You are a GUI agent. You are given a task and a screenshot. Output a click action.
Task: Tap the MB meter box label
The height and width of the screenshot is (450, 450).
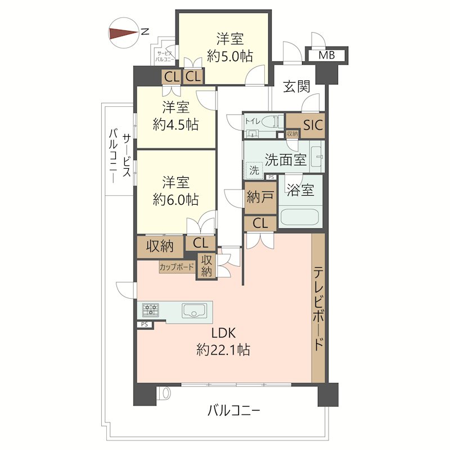(326, 55)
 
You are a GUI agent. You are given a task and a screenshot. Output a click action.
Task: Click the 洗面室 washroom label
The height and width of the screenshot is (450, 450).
(285, 160)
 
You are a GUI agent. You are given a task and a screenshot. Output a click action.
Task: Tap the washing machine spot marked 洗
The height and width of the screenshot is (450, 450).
(254, 170)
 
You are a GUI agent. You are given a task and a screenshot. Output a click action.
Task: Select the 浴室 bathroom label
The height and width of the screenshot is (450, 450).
(300, 191)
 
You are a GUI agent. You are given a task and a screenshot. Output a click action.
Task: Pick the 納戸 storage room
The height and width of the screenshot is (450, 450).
(260, 197)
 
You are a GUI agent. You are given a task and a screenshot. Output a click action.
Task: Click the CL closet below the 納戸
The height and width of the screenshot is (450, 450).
(260, 223)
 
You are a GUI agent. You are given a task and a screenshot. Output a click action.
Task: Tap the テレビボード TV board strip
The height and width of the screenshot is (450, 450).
(318, 307)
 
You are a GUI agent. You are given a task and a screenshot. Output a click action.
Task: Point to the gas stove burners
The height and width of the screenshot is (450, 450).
(151, 309)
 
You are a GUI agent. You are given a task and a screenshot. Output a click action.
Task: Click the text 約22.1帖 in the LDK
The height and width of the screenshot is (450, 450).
(223, 350)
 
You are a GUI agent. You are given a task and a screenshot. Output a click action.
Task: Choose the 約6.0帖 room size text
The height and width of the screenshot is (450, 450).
(175, 199)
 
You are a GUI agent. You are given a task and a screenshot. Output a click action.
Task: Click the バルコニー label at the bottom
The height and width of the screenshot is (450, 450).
(233, 411)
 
